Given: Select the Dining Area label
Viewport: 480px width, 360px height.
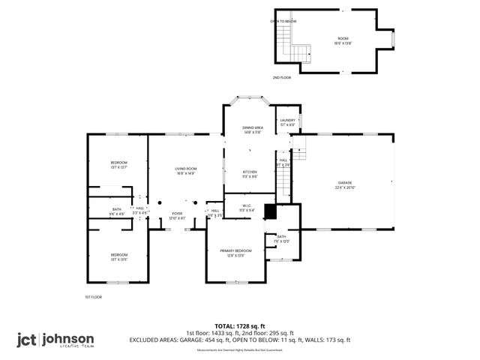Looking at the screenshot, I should pos(252,130).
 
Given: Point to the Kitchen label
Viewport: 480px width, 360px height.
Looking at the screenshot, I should pos(250,174).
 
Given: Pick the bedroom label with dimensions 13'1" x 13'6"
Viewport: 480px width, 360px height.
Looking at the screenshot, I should pos(119,257).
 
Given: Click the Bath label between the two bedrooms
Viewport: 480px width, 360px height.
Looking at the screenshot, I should pos(117,211).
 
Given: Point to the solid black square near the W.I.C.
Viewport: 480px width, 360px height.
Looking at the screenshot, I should pos(271,212).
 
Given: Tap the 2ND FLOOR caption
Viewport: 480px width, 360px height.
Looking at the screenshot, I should pos(281,77).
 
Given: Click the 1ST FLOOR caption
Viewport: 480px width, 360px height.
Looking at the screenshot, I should pos(93,297).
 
